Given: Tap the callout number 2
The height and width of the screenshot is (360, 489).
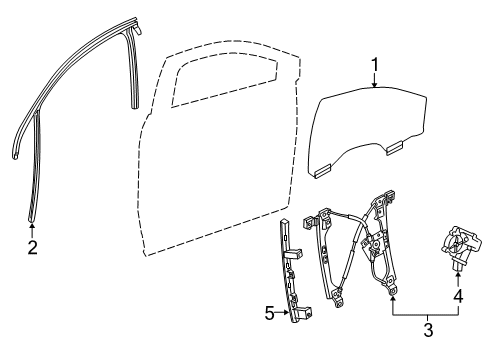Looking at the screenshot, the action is (32, 247).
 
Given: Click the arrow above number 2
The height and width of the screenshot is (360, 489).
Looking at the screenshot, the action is (32, 227).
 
